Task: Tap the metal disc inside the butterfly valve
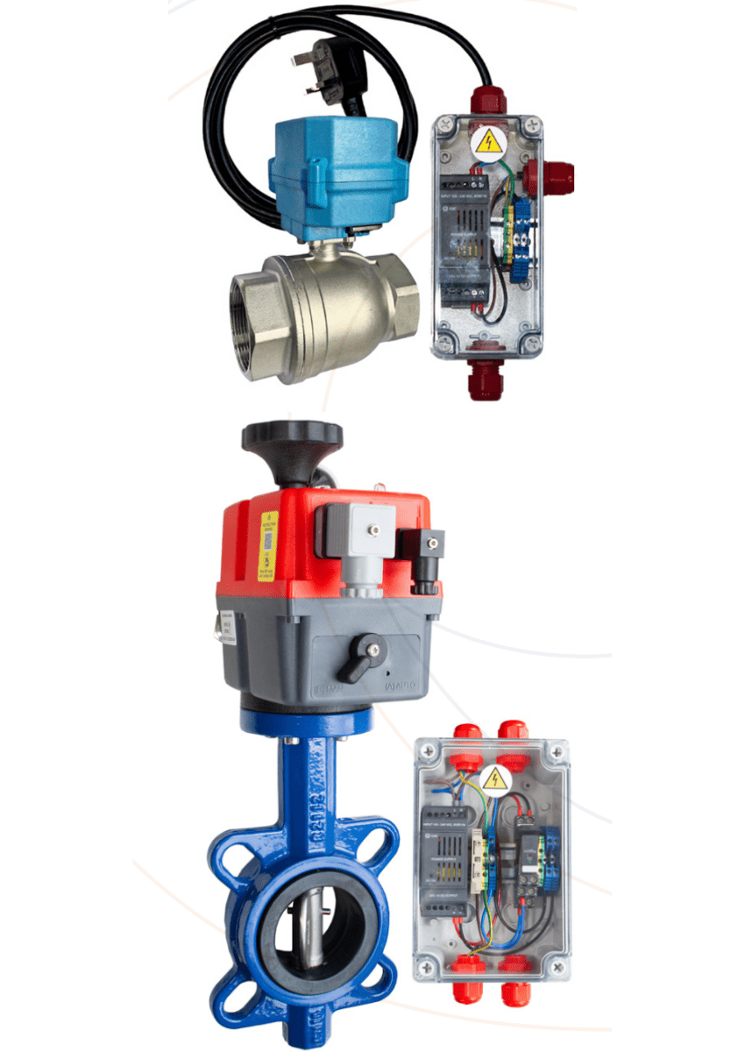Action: point(303,929)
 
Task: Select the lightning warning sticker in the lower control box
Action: point(495,778)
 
